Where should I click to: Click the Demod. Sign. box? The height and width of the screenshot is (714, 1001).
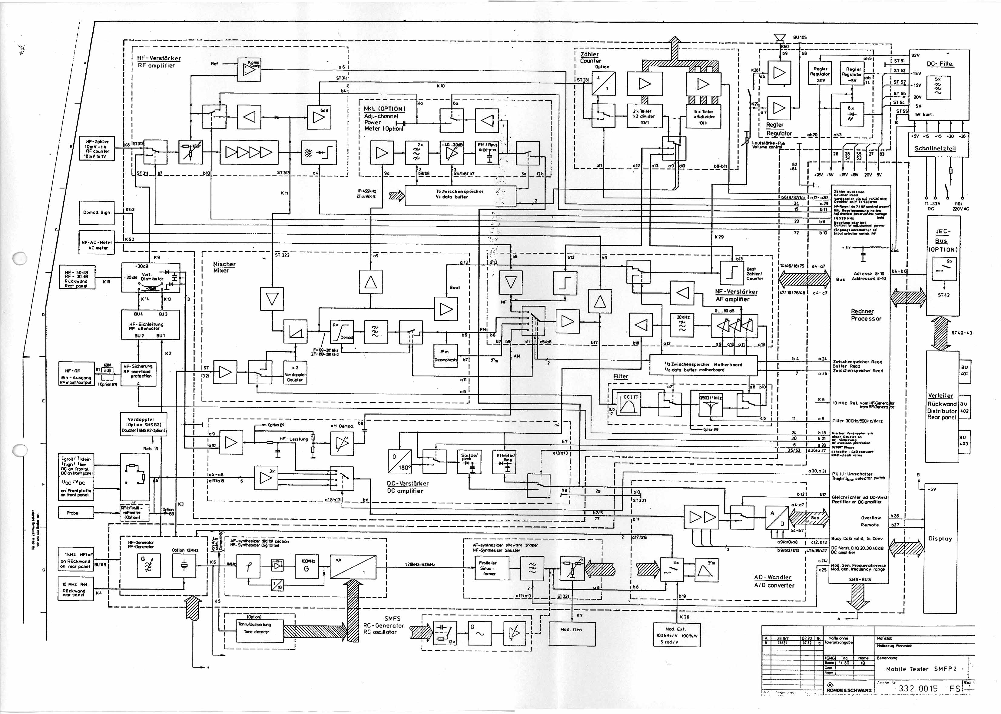tap(96, 213)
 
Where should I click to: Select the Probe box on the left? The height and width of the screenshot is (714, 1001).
tap(72, 513)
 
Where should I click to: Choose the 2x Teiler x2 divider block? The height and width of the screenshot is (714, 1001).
tap(644, 116)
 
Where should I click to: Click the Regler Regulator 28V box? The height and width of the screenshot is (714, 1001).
tap(820, 74)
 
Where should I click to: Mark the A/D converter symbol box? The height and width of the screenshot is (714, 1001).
tap(777, 518)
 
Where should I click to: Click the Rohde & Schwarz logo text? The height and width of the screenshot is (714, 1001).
tap(848, 690)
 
